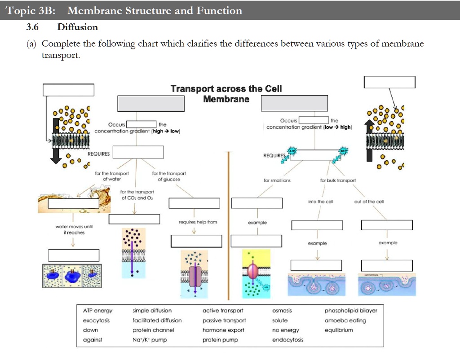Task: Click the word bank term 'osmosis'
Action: pos(282,311)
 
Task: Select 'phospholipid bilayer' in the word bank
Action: pos(351,311)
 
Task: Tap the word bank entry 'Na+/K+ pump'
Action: pos(150,340)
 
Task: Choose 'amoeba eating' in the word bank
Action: pos(345,320)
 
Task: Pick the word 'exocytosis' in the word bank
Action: pos(96,320)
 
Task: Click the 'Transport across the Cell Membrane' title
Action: pos(226,94)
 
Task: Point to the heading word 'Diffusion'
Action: pos(77,27)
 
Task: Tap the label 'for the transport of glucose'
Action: pos(166,176)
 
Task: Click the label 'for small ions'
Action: pos(277,180)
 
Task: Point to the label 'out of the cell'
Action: pos(370,202)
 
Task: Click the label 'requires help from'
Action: pos(198,222)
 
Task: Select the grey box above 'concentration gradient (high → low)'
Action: pos(151,103)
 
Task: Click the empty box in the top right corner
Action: pos(389,82)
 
